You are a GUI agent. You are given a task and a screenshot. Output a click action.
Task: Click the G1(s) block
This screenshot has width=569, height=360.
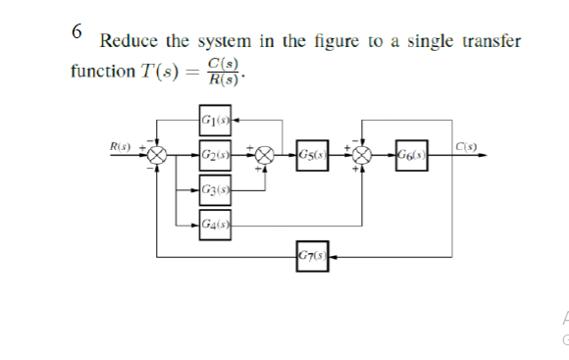coord(215,123)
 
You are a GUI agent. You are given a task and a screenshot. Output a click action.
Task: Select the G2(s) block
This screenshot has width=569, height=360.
coord(215,155)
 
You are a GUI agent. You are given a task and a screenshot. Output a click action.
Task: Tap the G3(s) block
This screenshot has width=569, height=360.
coord(215,188)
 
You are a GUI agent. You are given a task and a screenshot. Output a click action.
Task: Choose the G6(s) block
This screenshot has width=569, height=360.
coord(411,155)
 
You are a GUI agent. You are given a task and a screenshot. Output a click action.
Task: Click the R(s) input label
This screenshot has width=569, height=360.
coord(122,147)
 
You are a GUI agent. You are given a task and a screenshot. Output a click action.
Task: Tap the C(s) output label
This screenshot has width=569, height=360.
coord(466,147)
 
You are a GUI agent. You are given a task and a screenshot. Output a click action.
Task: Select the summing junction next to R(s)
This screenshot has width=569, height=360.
coord(158,155)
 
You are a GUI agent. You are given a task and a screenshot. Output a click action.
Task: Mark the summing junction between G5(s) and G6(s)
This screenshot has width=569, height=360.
coord(363,155)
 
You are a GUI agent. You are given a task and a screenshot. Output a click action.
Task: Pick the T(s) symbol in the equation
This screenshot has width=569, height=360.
coord(158,73)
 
